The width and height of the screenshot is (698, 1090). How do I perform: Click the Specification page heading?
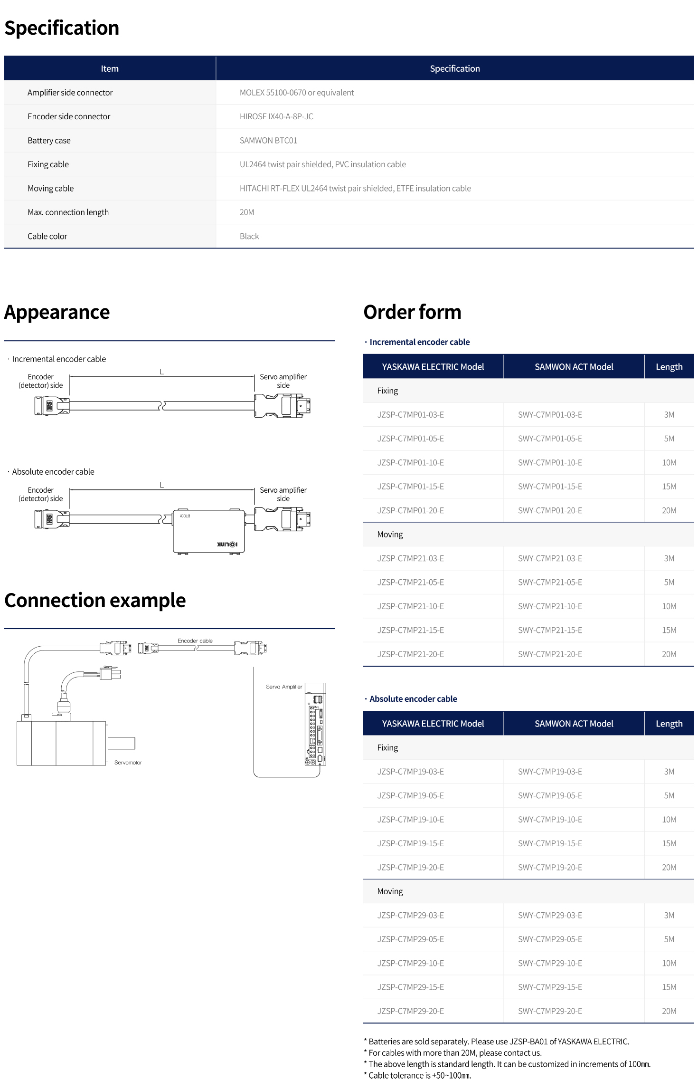(x=62, y=28)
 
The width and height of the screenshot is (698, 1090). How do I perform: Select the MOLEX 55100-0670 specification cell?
(x=296, y=93)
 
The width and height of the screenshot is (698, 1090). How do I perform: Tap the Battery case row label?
(x=49, y=141)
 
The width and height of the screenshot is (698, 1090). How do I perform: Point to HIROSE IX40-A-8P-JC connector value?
(x=276, y=116)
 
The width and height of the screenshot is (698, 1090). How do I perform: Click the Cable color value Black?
(x=249, y=236)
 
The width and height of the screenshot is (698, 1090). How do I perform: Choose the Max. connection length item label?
(x=68, y=212)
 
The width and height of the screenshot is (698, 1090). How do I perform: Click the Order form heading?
(x=412, y=312)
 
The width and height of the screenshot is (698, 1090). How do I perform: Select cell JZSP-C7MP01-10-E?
(x=410, y=463)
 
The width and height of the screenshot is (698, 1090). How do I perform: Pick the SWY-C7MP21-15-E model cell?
(x=550, y=630)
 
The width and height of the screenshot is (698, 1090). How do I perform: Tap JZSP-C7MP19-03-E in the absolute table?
(x=410, y=772)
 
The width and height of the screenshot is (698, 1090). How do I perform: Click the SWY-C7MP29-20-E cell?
(x=550, y=1011)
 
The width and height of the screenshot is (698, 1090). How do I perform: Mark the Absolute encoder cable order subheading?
(x=413, y=699)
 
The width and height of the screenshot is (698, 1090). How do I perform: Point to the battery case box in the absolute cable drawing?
(x=209, y=531)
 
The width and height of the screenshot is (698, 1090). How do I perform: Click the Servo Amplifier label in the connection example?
(x=284, y=687)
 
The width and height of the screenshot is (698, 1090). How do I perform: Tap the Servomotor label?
(x=128, y=763)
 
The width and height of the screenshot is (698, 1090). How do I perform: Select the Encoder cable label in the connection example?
(x=195, y=641)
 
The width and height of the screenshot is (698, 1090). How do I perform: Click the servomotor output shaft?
(x=122, y=743)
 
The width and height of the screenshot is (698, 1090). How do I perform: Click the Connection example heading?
(x=95, y=601)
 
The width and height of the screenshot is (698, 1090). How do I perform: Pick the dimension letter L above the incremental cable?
(x=161, y=372)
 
